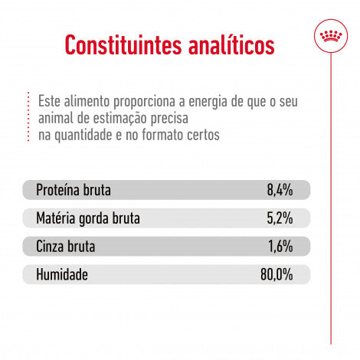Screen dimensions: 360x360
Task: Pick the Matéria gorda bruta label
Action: pyautogui.click(x=89, y=218)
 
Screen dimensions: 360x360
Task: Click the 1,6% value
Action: pyautogui.click(x=278, y=247)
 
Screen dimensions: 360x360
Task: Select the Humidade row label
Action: pyautogui.click(x=62, y=275)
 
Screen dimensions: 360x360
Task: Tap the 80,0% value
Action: pyautogui.click(x=275, y=275)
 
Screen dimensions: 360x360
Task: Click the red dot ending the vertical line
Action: pyautogui.click(x=330, y=343)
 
